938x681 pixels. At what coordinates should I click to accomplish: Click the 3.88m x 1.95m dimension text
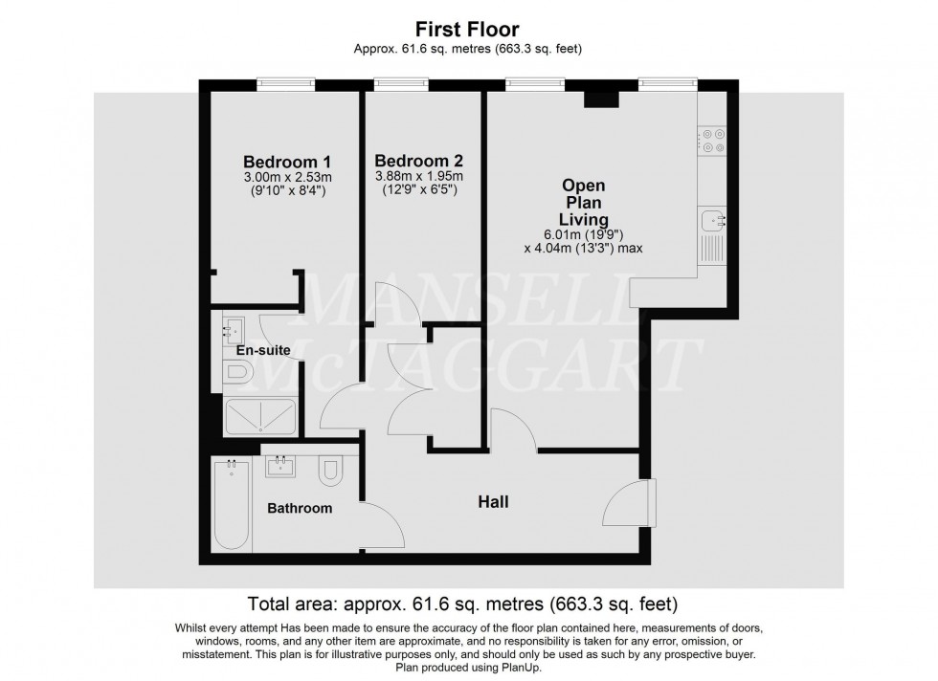(419, 177)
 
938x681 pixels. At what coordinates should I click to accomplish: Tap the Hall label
(494, 501)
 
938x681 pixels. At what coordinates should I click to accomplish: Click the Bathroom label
(300, 508)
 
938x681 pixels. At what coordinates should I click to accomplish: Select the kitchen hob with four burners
(712, 142)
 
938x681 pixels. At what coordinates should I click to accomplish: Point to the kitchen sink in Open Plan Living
(712, 222)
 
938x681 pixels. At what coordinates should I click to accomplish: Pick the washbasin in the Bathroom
(281, 466)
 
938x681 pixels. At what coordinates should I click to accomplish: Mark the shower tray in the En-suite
(260, 418)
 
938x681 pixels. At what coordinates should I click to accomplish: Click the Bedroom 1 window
(285, 85)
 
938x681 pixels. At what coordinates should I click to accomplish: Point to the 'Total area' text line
(462, 604)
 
